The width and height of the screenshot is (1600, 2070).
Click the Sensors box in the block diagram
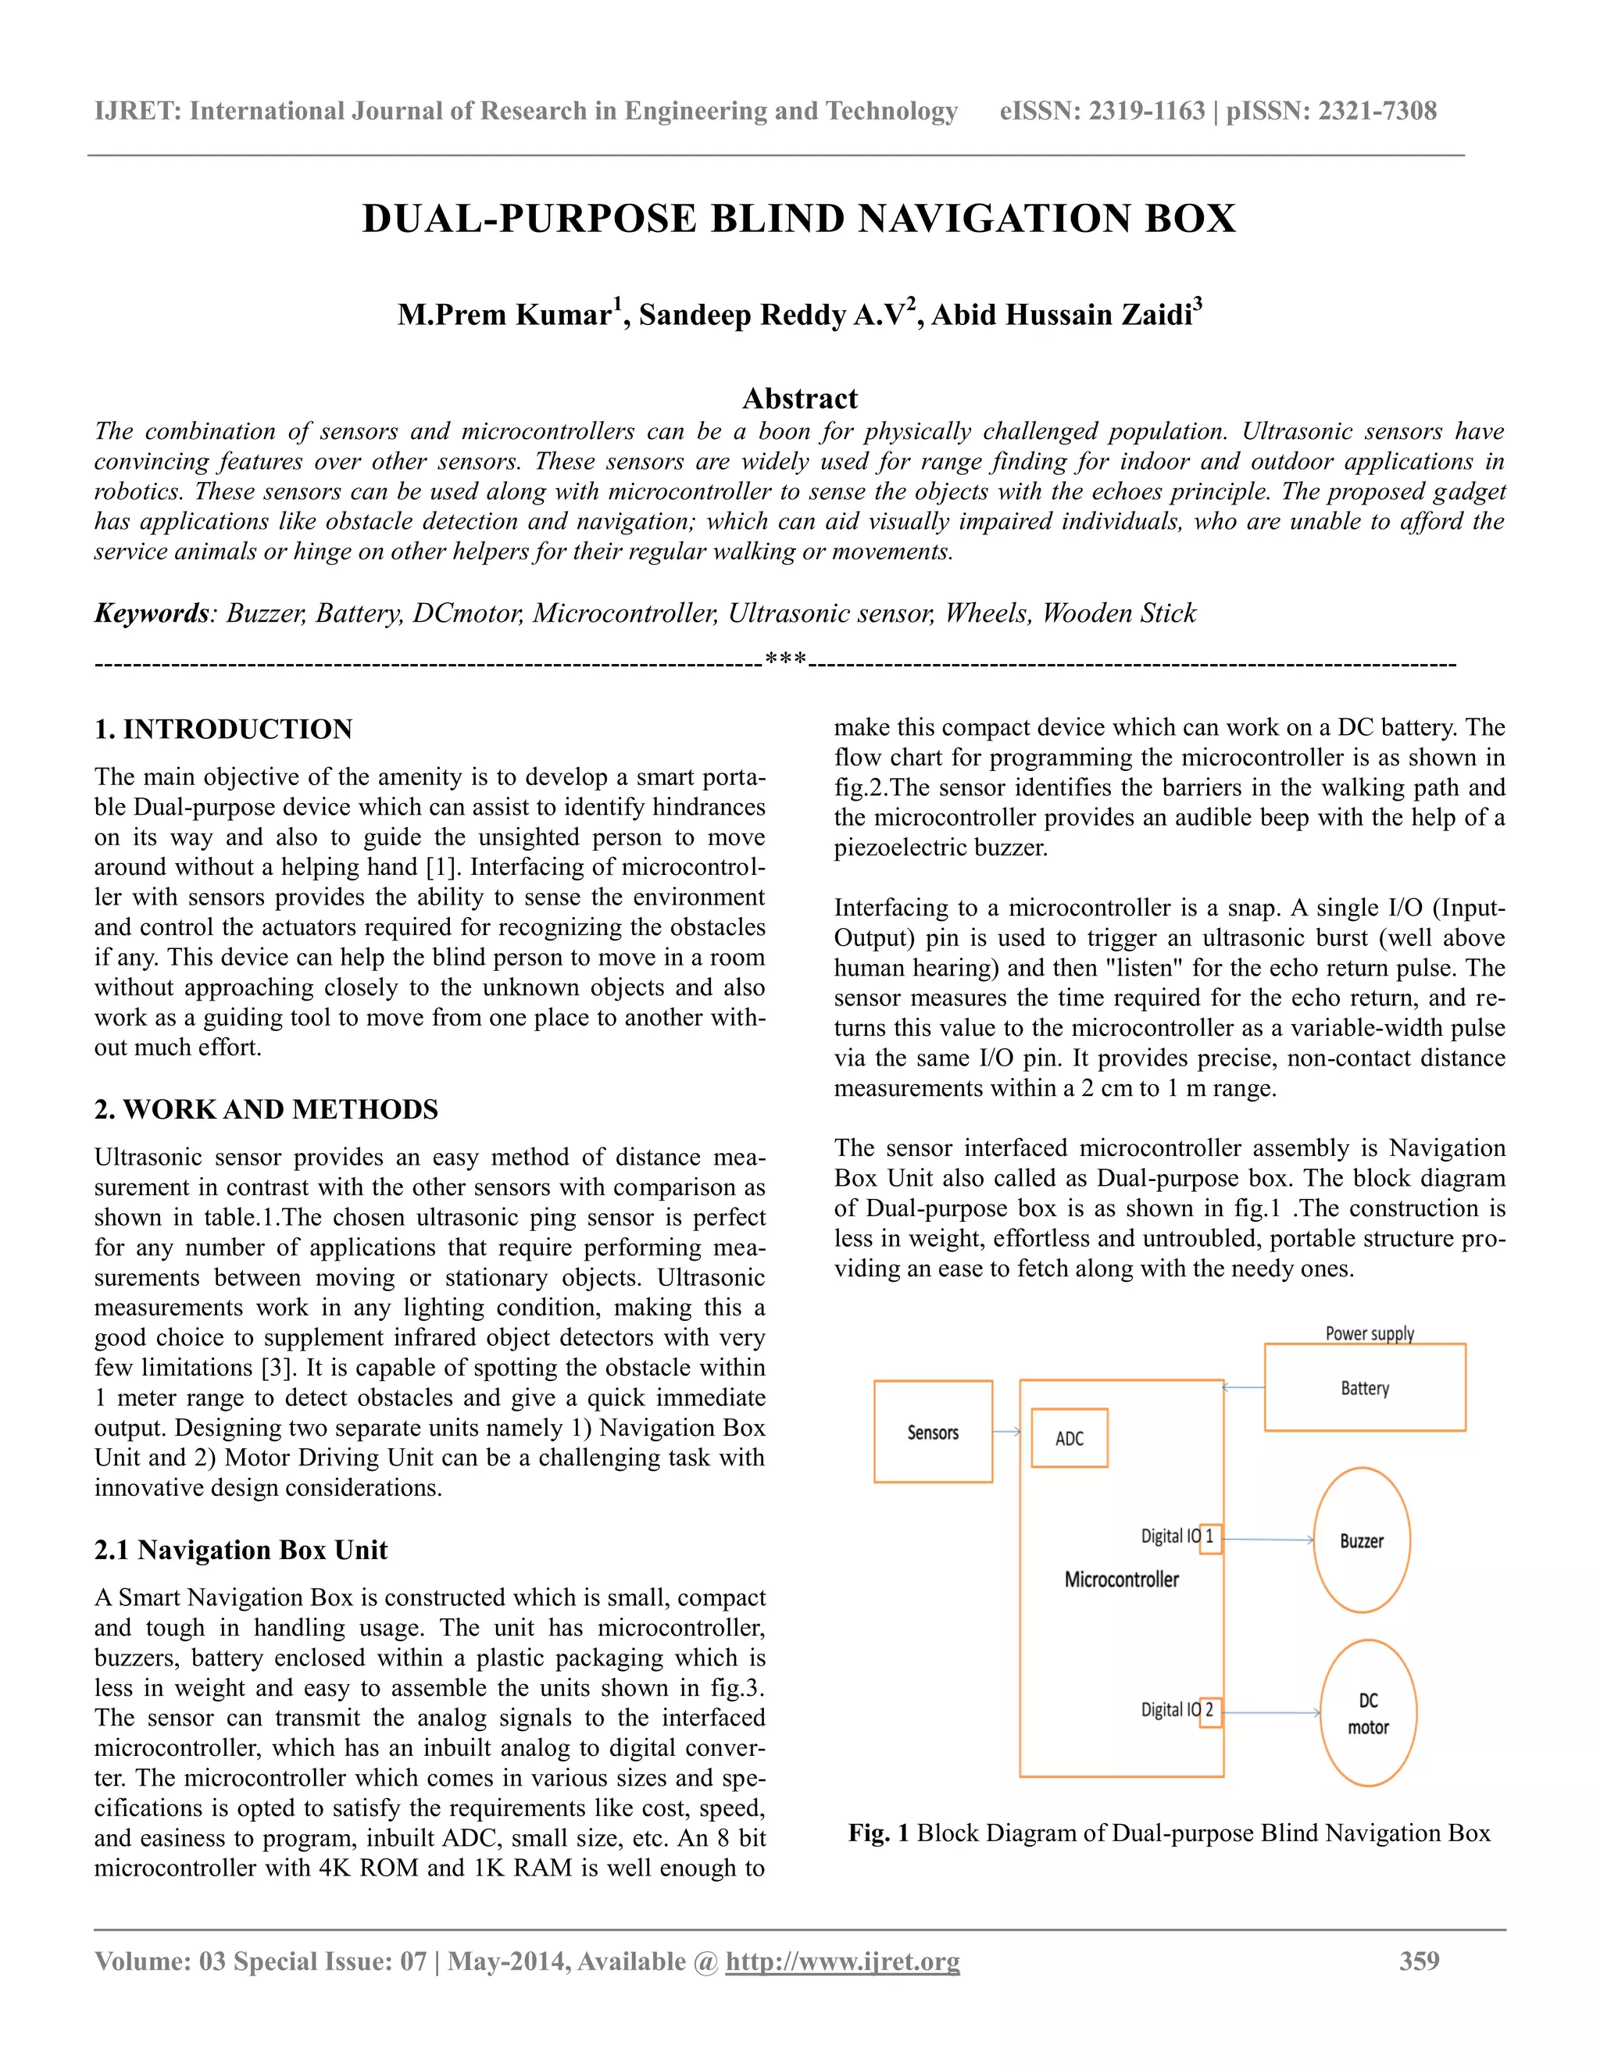pyautogui.click(x=933, y=1432)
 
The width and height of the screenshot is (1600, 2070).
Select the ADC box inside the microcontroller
pyautogui.click(x=1070, y=1438)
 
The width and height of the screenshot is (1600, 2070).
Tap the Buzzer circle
pyautogui.click(x=1361, y=1540)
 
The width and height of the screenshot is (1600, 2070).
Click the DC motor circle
pyautogui.click(x=1368, y=1713)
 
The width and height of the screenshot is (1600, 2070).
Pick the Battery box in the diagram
pyautogui.click(x=1365, y=1387)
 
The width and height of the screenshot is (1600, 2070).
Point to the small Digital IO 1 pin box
pyautogui.click(x=1210, y=1536)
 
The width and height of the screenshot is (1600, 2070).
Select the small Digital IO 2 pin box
pyautogui.click(x=1210, y=1710)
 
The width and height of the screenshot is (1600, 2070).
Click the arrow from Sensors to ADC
pyautogui.click(x=1005, y=1431)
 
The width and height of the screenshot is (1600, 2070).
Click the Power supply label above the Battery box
pyautogui.click(x=1369, y=1333)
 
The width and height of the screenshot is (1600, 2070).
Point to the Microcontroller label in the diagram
pyautogui.click(x=1121, y=1579)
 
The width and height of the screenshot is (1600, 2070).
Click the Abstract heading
pyautogui.click(x=799, y=398)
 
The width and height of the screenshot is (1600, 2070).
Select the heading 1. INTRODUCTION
pyautogui.click(x=223, y=729)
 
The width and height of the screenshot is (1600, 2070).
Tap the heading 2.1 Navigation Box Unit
pyautogui.click(x=241, y=1550)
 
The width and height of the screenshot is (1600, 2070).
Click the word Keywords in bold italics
pyautogui.click(x=152, y=613)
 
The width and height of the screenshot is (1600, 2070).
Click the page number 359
pyautogui.click(x=1419, y=1960)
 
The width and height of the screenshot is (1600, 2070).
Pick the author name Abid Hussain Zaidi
pyautogui.click(x=1062, y=314)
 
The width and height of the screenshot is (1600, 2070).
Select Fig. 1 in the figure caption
pyautogui.click(x=877, y=1833)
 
